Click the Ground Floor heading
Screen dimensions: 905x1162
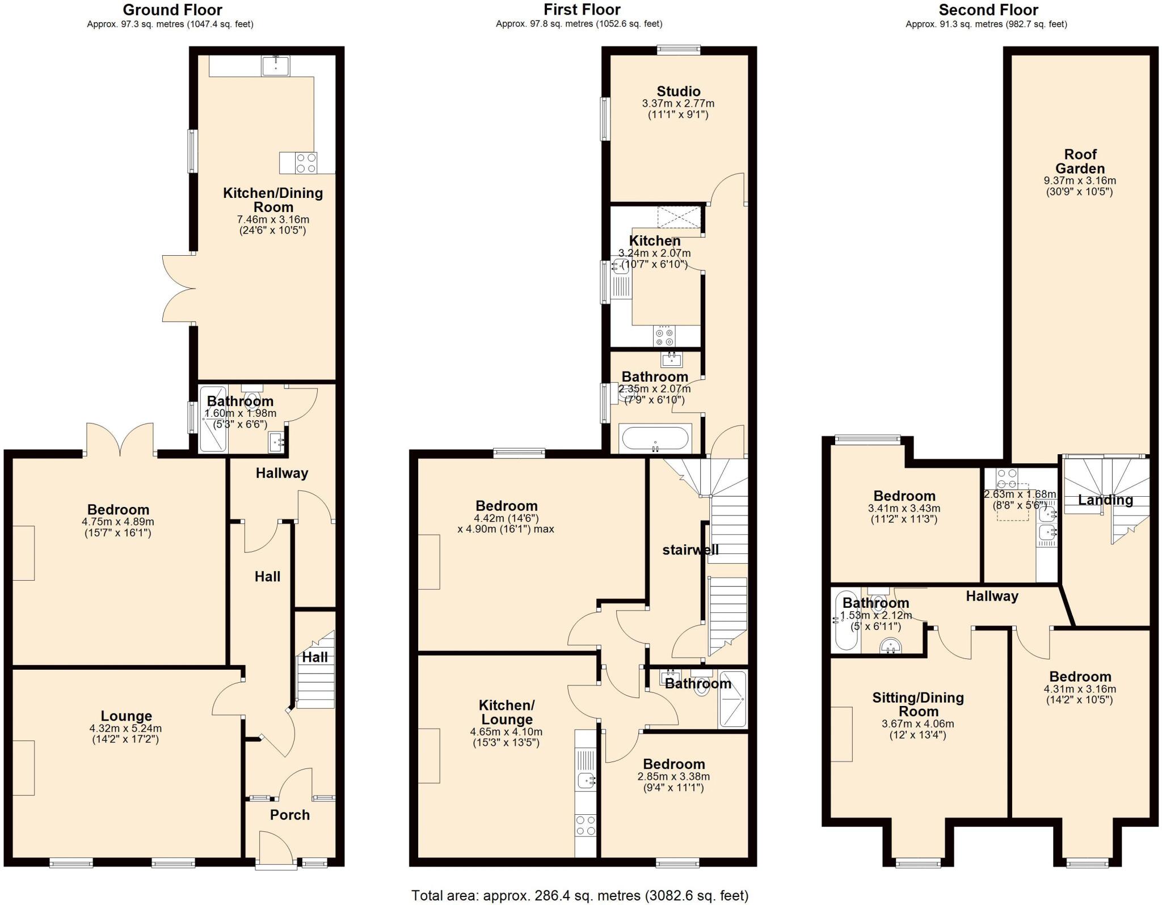172,10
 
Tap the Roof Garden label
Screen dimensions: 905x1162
1080,162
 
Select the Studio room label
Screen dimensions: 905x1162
679,91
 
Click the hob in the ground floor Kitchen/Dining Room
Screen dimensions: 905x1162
306,163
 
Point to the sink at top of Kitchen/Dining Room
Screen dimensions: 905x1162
275,66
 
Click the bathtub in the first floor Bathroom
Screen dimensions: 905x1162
655,439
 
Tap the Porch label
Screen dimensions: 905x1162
290,815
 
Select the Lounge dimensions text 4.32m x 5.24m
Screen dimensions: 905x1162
125,729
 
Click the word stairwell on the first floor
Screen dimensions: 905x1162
691,549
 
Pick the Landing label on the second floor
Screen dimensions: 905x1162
1105,500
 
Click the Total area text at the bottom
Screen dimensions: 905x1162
579,895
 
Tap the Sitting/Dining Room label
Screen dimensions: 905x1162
918,704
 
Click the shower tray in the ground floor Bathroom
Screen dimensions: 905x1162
213,419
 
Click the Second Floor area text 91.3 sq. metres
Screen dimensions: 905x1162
986,24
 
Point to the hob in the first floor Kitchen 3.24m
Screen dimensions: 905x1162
665,336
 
